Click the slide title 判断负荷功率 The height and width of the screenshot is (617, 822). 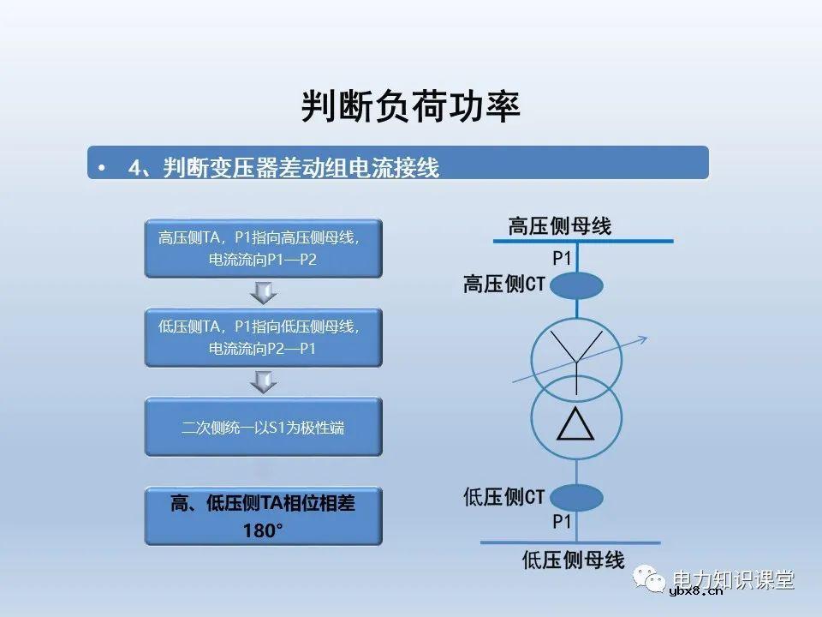tap(411, 106)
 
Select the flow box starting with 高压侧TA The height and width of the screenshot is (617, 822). tap(263, 249)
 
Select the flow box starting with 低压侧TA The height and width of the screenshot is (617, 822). tap(263, 338)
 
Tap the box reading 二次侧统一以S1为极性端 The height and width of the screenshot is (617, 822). tap(263, 427)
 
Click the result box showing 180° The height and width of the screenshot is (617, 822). tap(263, 517)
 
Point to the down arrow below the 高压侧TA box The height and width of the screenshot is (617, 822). tap(263, 294)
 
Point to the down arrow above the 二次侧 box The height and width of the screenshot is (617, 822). tap(263, 382)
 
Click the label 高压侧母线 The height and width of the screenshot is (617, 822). tap(559, 226)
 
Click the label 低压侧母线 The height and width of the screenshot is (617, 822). tap(573, 561)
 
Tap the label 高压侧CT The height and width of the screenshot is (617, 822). tap(503, 285)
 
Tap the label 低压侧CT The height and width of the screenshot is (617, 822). tap(503, 497)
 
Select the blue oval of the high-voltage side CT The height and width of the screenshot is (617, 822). tap(575, 285)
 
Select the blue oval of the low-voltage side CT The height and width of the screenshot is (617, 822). tap(575, 498)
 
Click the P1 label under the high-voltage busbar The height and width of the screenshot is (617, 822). tap(562, 257)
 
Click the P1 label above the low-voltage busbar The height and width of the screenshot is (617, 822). tap(562, 522)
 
